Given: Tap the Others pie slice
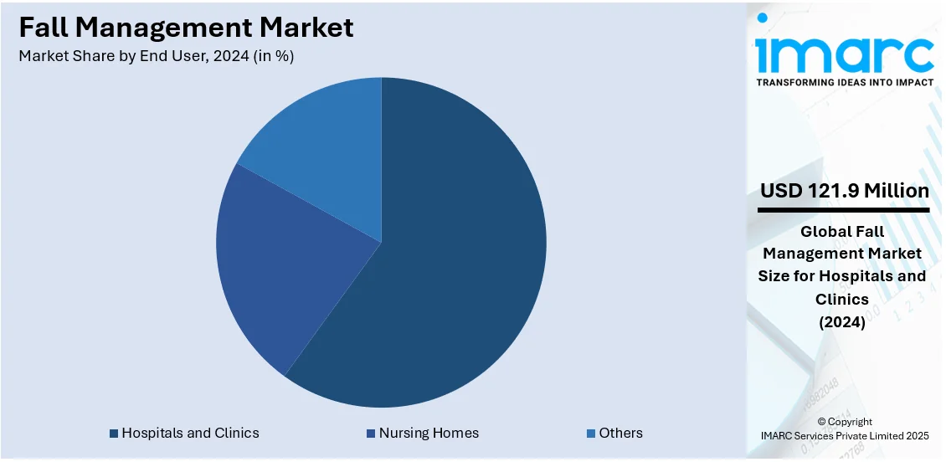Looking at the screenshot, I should [x=326, y=142].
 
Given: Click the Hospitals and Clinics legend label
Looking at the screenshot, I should [x=190, y=434].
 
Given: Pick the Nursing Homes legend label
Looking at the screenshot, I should [x=429, y=434].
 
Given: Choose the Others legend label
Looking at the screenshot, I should [x=620, y=434].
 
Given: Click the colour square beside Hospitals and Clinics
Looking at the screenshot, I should [x=114, y=434].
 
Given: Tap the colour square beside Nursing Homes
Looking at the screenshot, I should [x=371, y=434].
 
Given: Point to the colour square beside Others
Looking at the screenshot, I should [x=591, y=434].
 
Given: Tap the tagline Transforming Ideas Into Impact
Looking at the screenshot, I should [x=845, y=83].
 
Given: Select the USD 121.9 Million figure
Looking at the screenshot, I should [x=845, y=192].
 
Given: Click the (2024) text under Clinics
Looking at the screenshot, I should [x=845, y=321].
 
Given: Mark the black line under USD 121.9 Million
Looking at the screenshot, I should [x=845, y=210].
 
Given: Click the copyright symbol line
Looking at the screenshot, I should [x=845, y=422].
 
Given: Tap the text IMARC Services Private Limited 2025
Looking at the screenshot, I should [x=845, y=436].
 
